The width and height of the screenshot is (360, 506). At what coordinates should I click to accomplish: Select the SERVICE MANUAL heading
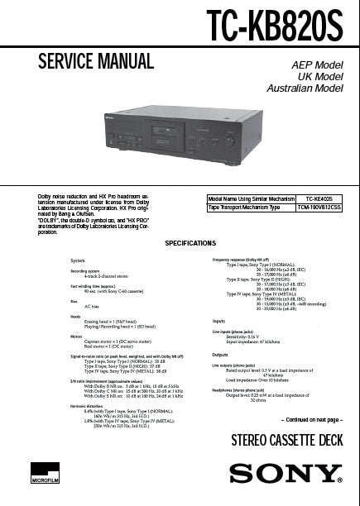pos(97,61)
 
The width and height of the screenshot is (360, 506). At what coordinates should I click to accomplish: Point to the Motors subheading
pos(76,337)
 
